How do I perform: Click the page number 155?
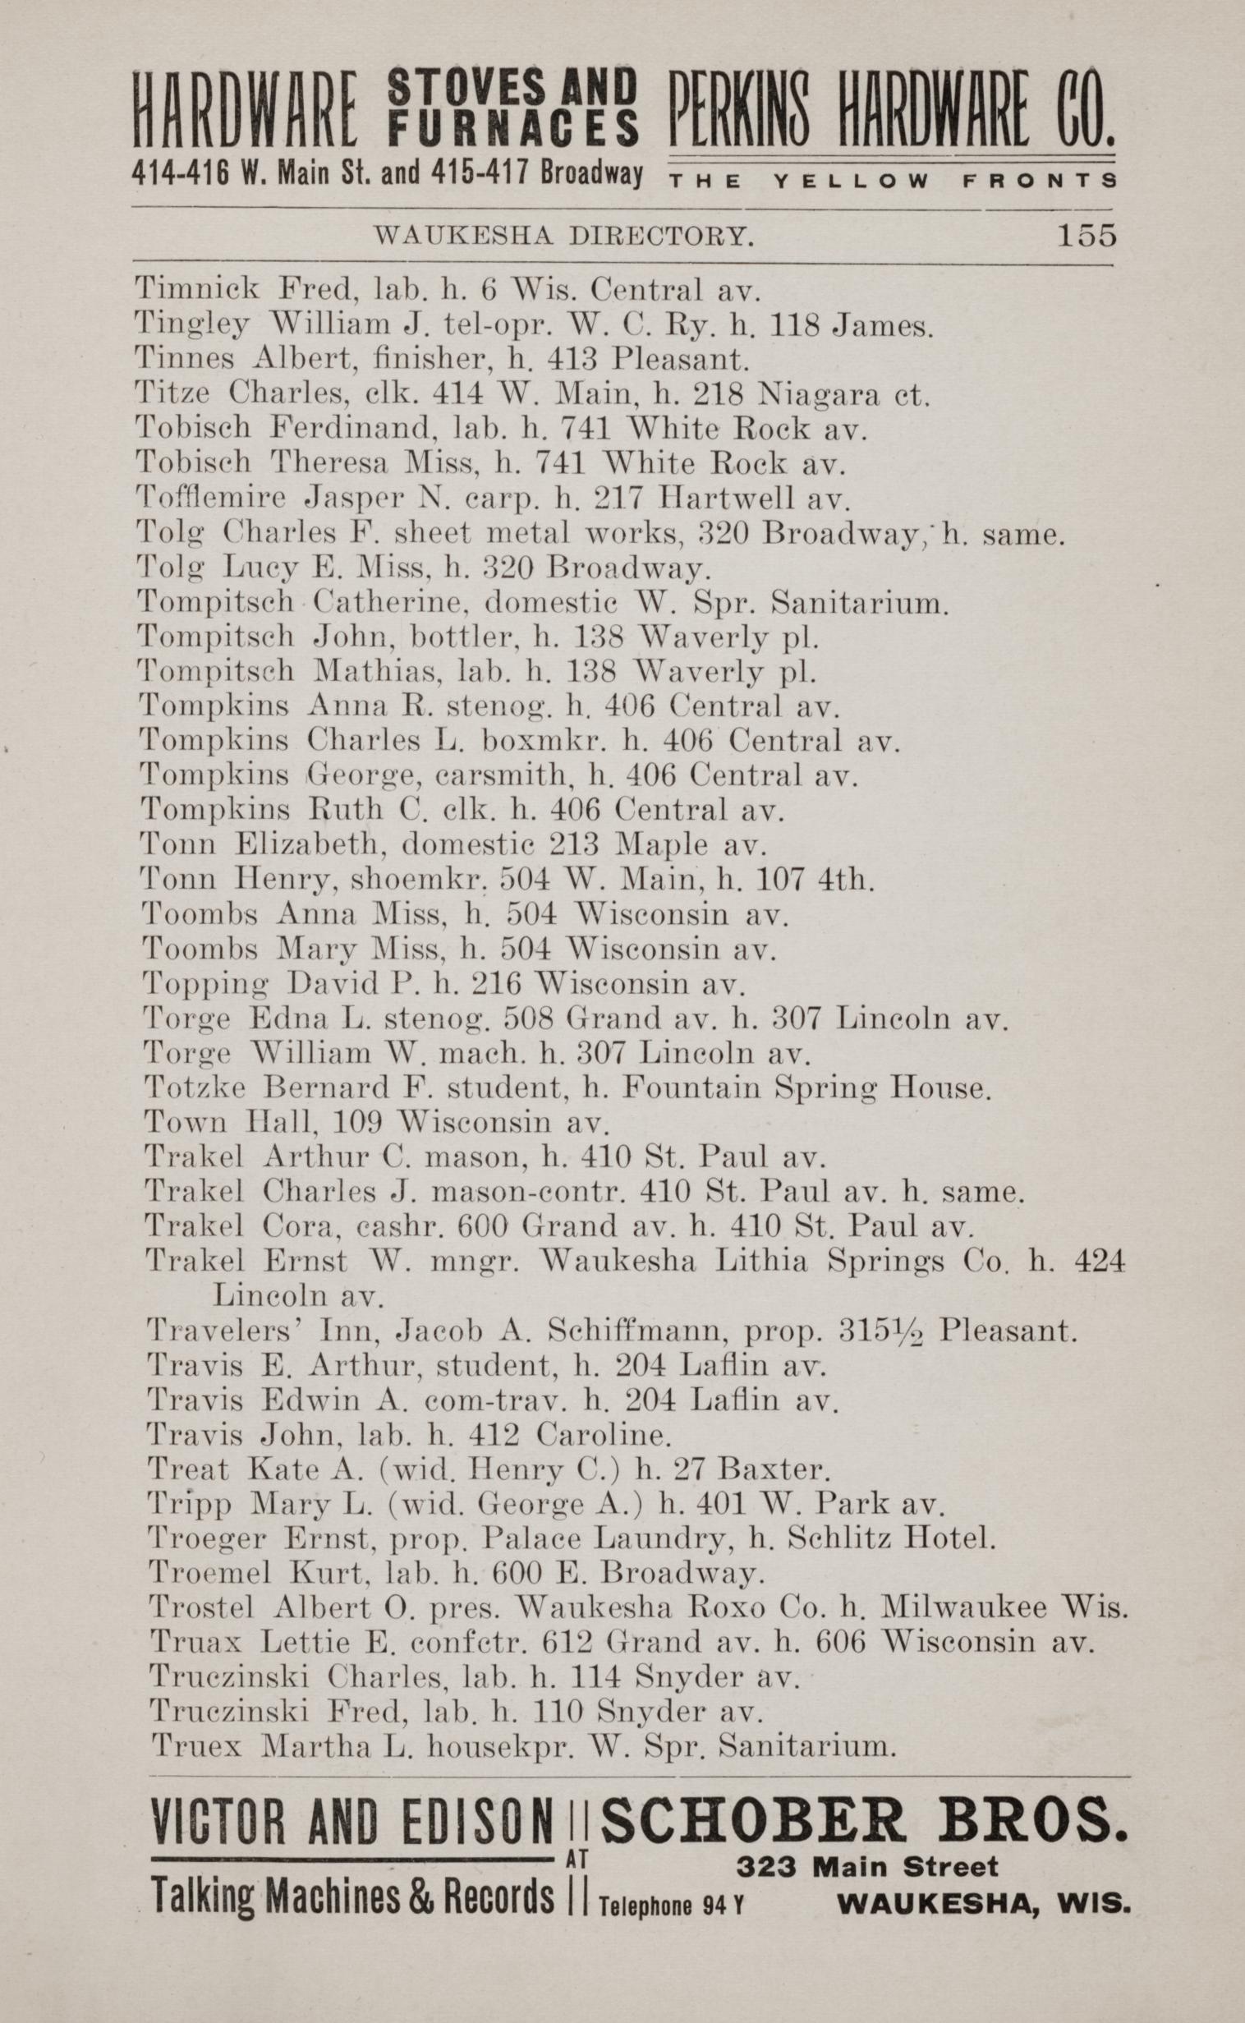[1086, 236]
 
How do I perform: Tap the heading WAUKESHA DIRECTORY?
[563, 237]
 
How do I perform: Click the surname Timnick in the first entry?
[198, 290]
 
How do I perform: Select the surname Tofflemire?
[212, 499]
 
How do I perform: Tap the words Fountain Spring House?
[806, 1088]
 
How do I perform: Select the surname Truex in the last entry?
[196, 1745]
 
